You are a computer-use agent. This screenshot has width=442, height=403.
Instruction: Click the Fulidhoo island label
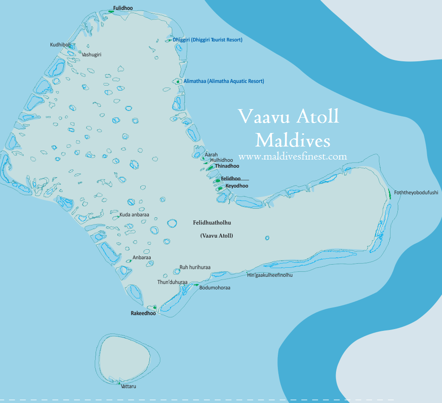123,8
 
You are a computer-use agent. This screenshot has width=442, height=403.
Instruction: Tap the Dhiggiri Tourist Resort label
207,40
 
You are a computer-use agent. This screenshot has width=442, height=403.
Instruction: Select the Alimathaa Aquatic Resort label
224,82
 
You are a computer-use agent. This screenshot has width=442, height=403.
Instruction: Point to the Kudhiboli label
60,45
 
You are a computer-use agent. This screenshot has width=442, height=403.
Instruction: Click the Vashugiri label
92,55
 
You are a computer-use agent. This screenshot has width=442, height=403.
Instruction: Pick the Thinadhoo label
227,166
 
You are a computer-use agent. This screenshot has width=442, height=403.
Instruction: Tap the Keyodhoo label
237,186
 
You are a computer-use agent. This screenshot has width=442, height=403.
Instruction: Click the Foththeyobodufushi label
416,193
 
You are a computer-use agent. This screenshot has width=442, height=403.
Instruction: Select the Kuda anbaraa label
134,215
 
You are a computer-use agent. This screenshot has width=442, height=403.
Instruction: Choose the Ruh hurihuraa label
195,267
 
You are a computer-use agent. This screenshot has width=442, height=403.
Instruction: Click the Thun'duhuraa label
172,282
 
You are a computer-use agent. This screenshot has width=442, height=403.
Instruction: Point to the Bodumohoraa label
215,288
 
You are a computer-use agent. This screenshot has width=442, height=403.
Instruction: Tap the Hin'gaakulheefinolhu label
269,275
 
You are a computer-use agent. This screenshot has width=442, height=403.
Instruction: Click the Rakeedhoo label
143,313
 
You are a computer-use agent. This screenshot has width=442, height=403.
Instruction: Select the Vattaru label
129,387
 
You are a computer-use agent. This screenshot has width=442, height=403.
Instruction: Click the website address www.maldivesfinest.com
292,157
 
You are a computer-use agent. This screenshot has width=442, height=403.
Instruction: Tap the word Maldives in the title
292,140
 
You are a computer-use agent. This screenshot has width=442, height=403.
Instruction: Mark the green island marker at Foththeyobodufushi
389,194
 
